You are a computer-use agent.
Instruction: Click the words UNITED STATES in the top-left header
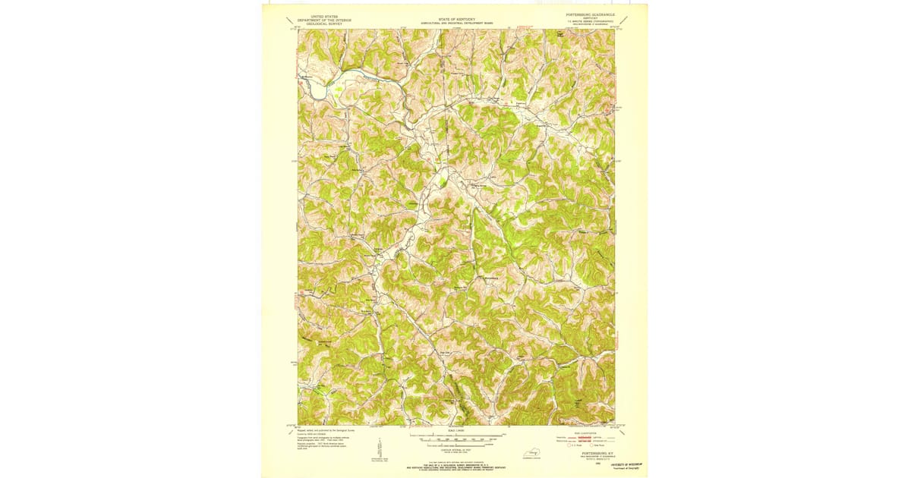(x=320, y=15)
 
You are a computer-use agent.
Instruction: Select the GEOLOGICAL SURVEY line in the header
(x=320, y=24)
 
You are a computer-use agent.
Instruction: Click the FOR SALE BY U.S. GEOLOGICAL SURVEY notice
(x=456, y=464)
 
